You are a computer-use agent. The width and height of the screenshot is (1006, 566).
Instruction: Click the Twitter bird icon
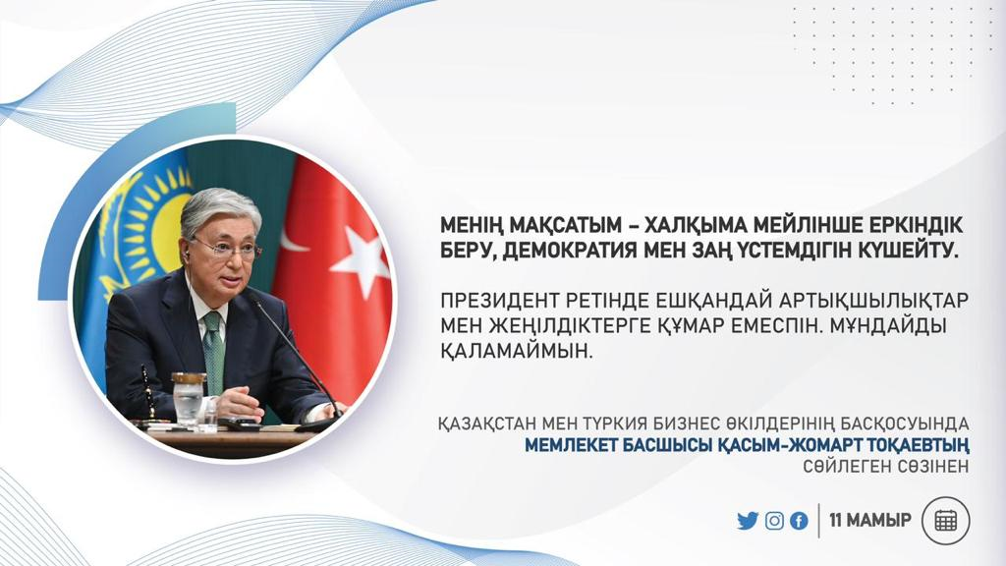[x=748, y=521]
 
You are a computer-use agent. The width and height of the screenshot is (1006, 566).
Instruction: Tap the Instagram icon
[x=774, y=521]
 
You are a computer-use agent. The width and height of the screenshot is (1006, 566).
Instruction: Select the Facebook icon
[x=799, y=521]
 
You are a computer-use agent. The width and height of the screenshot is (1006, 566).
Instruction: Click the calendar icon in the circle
[x=946, y=521]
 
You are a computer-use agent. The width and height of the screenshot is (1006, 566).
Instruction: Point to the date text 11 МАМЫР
[x=870, y=520]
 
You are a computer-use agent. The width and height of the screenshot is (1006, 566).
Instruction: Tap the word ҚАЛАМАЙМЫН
[x=514, y=351]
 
